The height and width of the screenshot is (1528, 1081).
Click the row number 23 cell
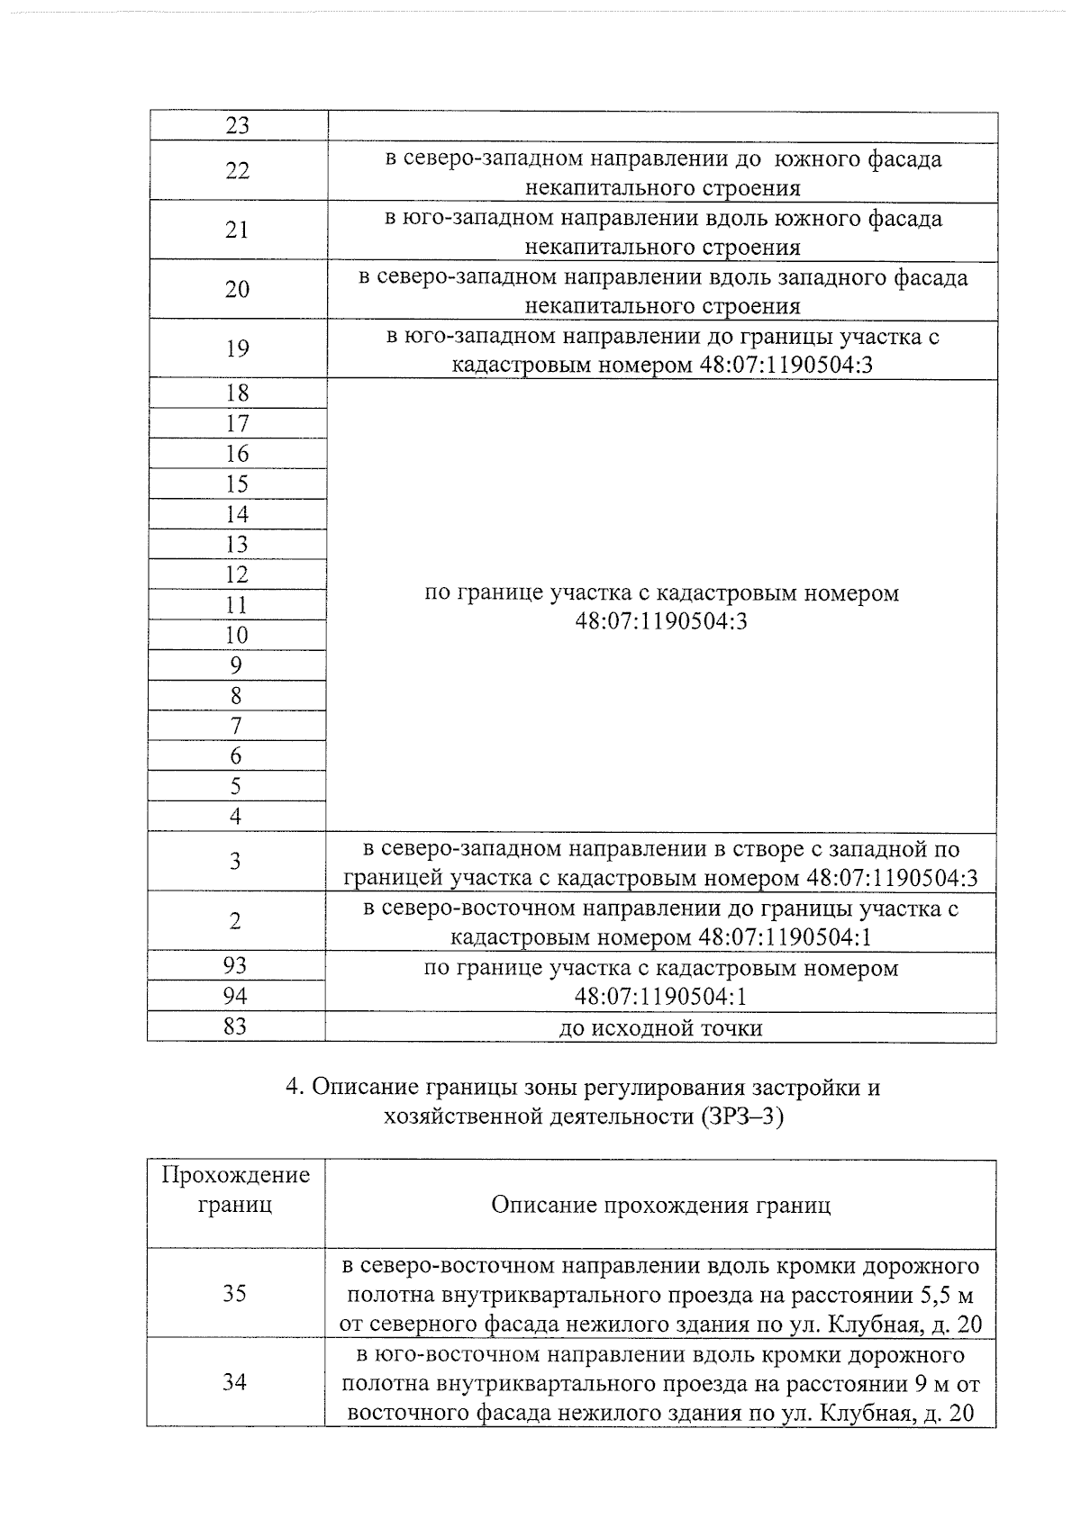point(237,126)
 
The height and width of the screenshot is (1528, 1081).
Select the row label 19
point(237,349)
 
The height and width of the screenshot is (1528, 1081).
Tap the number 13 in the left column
point(237,545)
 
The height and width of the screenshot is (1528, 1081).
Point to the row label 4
point(236,817)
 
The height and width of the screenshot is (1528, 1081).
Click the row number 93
point(235,966)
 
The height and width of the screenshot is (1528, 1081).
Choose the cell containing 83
point(235,1026)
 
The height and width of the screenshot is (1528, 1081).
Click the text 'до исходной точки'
point(660,1028)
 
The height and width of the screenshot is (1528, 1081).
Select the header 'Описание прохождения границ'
point(660,1205)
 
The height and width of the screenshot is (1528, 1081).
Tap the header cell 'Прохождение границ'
point(235,1189)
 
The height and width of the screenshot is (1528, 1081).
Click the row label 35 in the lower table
point(235,1294)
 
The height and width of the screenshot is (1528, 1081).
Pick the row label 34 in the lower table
point(235,1382)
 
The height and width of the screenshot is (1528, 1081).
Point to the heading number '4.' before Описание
point(294,1088)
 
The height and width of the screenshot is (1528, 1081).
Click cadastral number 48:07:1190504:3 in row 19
point(786,366)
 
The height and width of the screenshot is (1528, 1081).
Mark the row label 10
point(236,636)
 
